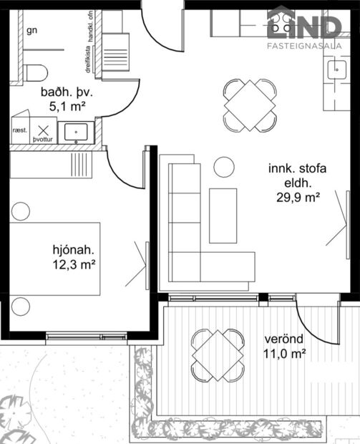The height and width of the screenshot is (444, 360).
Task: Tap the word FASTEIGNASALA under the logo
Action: tap(303, 49)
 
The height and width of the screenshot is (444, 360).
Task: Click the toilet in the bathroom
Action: tap(35, 73)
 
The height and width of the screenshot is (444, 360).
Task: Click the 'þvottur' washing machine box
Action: tap(45, 132)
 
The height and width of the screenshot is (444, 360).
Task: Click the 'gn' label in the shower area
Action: tap(31, 30)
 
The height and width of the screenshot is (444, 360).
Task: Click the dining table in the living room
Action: tap(250, 105)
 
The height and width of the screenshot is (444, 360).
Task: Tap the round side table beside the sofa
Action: tap(224, 168)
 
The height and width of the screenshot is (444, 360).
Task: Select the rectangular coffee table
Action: tap(223, 215)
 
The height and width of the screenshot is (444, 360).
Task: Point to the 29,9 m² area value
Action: tap(298, 198)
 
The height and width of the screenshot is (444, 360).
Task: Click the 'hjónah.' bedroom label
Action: tap(74, 250)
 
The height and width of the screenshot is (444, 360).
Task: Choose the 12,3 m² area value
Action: tap(74, 265)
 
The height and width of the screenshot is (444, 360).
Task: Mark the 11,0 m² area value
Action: tap(285, 353)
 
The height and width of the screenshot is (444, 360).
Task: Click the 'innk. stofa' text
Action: tap(297, 170)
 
